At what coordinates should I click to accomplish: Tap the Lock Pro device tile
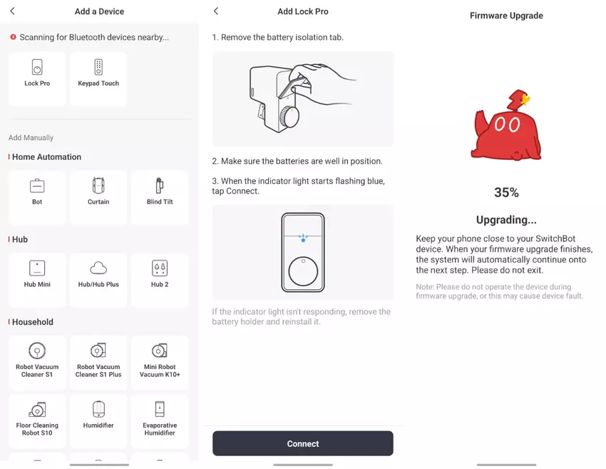click(x=37, y=79)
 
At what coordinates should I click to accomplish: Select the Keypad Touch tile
click(x=98, y=79)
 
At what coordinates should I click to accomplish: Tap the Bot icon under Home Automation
click(x=37, y=186)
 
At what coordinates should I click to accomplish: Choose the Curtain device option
click(x=98, y=197)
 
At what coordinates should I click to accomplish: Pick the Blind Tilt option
click(x=160, y=197)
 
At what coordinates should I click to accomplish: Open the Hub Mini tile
click(x=37, y=280)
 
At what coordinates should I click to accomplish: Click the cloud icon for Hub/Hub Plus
click(x=98, y=268)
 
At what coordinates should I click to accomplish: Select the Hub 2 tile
click(x=160, y=280)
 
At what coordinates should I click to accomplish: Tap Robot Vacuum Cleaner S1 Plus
click(x=98, y=362)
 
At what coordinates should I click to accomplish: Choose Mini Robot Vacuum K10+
click(x=160, y=362)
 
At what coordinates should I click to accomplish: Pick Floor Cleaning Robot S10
click(x=37, y=421)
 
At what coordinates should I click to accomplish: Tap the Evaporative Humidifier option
click(x=160, y=421)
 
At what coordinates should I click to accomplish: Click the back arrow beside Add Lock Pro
click(x=216, y=11)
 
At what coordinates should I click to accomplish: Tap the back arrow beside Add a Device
click(x=12, y=11)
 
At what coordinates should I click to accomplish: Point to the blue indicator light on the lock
click(x=303, y=240)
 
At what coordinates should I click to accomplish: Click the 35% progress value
click(x=506, y=192)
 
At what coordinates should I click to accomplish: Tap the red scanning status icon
click(x=13, y=36)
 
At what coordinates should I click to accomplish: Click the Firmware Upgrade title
click(x=506, y=16)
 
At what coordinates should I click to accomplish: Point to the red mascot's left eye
click(x=499, y=124)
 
